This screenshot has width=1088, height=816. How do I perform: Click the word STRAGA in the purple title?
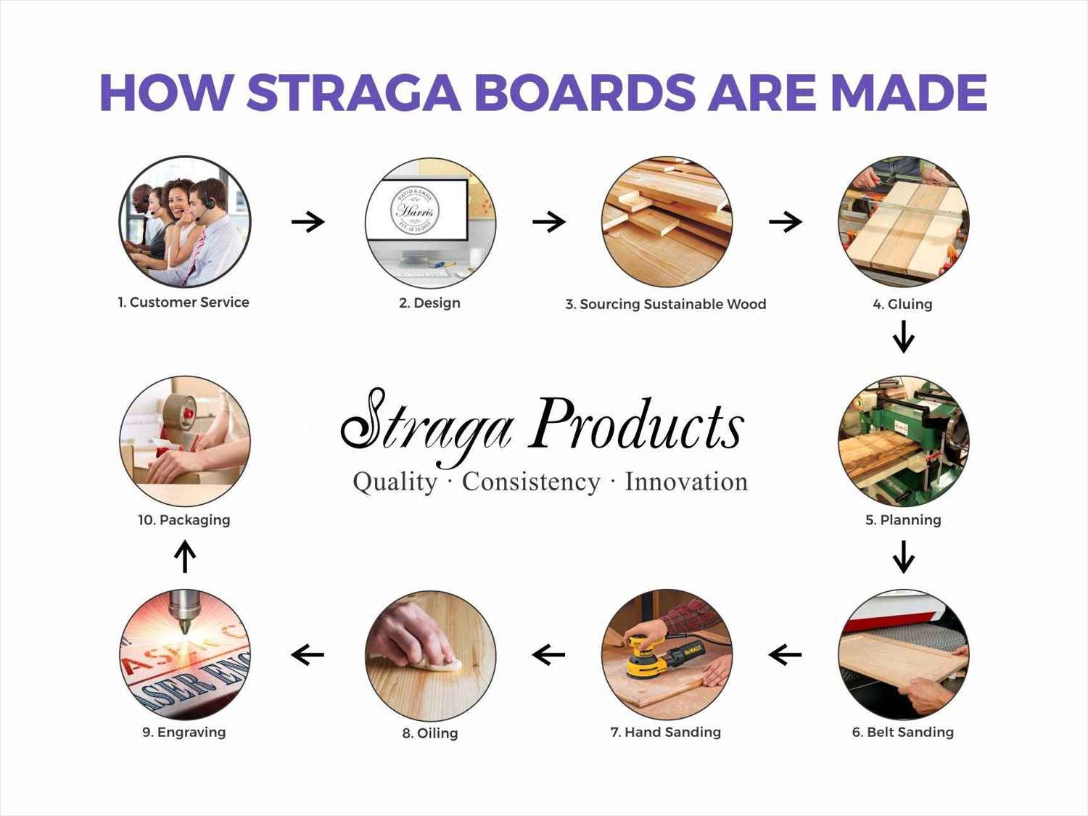tap(354, 93)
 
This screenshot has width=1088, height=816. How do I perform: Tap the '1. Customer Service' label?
tap(184, 302)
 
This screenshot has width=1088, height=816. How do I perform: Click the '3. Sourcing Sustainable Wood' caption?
tap(665, 305)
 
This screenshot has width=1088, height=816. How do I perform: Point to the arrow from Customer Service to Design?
tap(308, 221)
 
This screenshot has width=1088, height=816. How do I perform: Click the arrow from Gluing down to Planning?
tap(903, 337)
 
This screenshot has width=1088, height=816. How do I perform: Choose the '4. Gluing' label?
tap(902, 305)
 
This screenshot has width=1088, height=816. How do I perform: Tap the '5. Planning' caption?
tap(903, 520)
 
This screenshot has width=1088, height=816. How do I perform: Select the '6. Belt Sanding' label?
tap(902, 733)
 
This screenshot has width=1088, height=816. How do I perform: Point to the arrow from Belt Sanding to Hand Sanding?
tap(785, 655)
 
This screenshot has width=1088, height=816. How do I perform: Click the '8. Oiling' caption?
tap(430, 733)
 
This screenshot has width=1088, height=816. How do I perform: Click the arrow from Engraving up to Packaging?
tap(186, 557)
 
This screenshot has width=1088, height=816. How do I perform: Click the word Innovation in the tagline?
tap(686, 482)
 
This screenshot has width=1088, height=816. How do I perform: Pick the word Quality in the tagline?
tap(395, 482)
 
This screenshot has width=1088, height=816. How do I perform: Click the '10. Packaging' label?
tap(184, 520)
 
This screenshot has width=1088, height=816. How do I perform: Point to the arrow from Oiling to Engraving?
tap(308, 655)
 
